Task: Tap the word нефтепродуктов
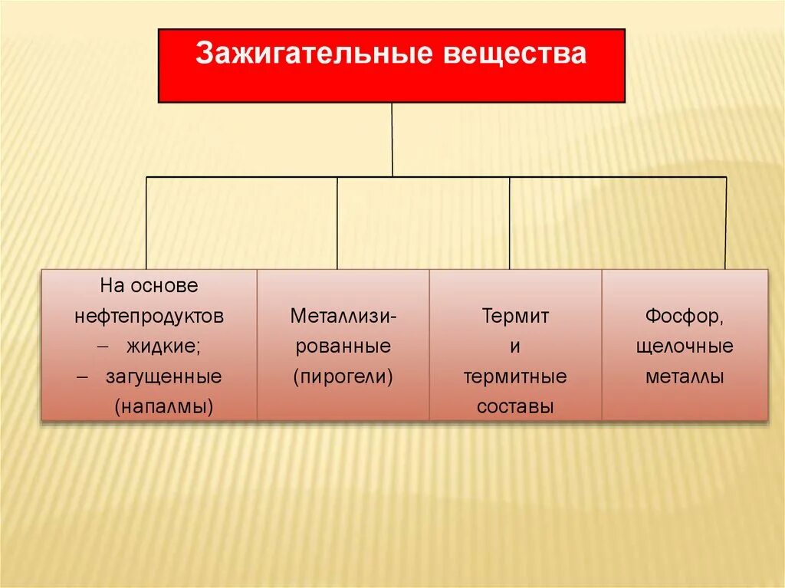click(x=149, y=316)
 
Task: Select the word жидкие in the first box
click(x=163, y=347)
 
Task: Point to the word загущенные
click(x=175, y=376)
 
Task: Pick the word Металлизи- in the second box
click(x=343, y=316)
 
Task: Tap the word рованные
click(x=343, y=347)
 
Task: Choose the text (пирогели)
click(x=343, y=376)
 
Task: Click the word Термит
click(x=515, y=316)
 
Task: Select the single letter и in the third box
click(x=515, y=347)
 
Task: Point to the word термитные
click(x=515, y=376)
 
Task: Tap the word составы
click(x=515, y=406)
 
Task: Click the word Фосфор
click(x=685, y=316)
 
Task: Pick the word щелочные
click(x=685, y=347)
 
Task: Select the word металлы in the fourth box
click(x=685, y=376)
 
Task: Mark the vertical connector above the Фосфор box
click(x=725, y=222)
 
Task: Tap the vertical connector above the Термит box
click(x=510, y=222)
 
